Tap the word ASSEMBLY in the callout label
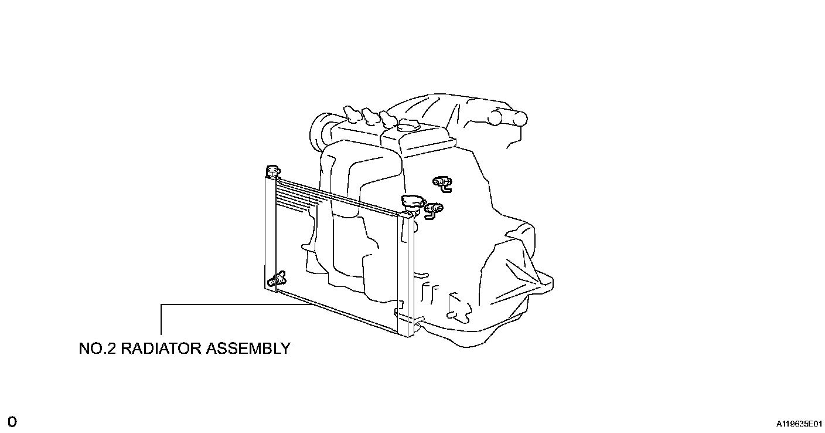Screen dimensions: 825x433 [247, 348]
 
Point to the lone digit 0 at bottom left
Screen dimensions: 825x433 [12, 422]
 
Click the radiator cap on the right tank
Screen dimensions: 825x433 [412, 202]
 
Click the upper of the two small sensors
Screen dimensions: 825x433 [442, 182]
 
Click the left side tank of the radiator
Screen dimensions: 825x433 [270, 232]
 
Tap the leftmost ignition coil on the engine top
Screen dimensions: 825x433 [351, 113]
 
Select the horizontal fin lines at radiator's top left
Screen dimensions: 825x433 [299, 196]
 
